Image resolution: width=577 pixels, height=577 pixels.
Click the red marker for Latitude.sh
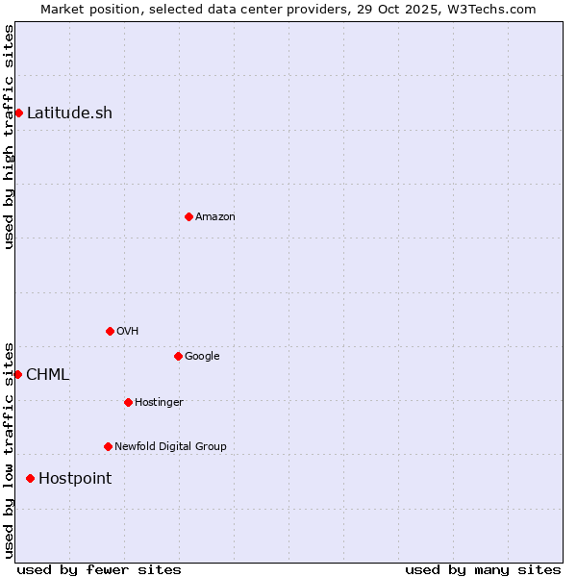click(x=18, y=113)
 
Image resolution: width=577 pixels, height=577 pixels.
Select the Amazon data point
click(x=188, y=216)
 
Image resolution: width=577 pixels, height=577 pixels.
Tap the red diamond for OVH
click(x=110, y=331)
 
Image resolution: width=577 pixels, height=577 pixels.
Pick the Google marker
click(x=178, y=356)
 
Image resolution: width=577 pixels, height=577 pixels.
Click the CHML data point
click(x=17, y=374)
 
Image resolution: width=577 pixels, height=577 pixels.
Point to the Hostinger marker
click(x=128, y=402)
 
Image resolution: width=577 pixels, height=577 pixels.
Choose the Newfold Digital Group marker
click(x=108, y=446)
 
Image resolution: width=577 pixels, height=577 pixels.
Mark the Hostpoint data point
click(x=30, y=478)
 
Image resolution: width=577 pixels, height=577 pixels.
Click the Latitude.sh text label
click(x=69, y=113)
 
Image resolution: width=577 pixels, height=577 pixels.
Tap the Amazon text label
click(x=215, y=216)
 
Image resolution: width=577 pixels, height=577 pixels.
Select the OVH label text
click(x=128, y=331)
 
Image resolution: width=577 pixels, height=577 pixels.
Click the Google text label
click(x=202, y=356)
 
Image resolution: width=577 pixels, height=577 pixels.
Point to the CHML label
click(x=47, y=374)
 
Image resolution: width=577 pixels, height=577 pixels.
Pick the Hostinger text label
click(x=159, y=402)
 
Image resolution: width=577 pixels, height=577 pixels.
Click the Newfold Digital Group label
click(x=170, y=446)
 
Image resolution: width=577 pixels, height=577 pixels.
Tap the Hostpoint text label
click(x=75, y=478)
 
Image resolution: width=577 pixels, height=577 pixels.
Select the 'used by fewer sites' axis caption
click(x=99, y=569)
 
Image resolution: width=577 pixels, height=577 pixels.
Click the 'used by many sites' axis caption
click(x=483, y=569)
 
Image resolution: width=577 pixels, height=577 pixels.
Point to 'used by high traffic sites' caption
click(x=9, y=137)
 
